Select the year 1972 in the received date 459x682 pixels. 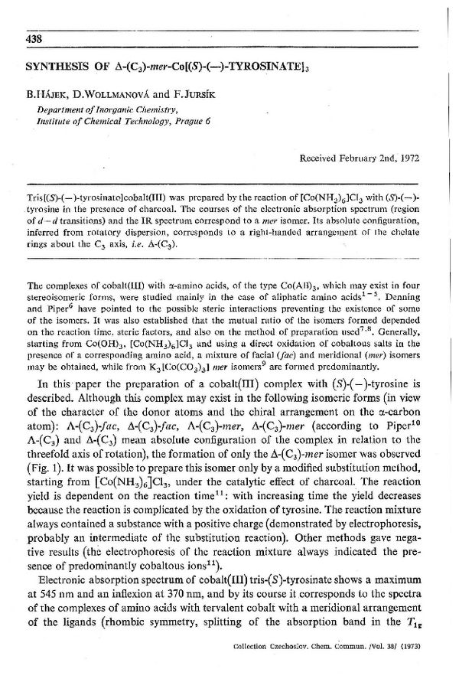coord(409,157)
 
